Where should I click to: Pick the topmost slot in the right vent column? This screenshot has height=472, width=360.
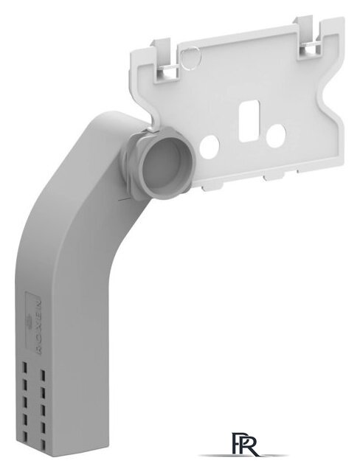pyautogui.click(x=44, y=366)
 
